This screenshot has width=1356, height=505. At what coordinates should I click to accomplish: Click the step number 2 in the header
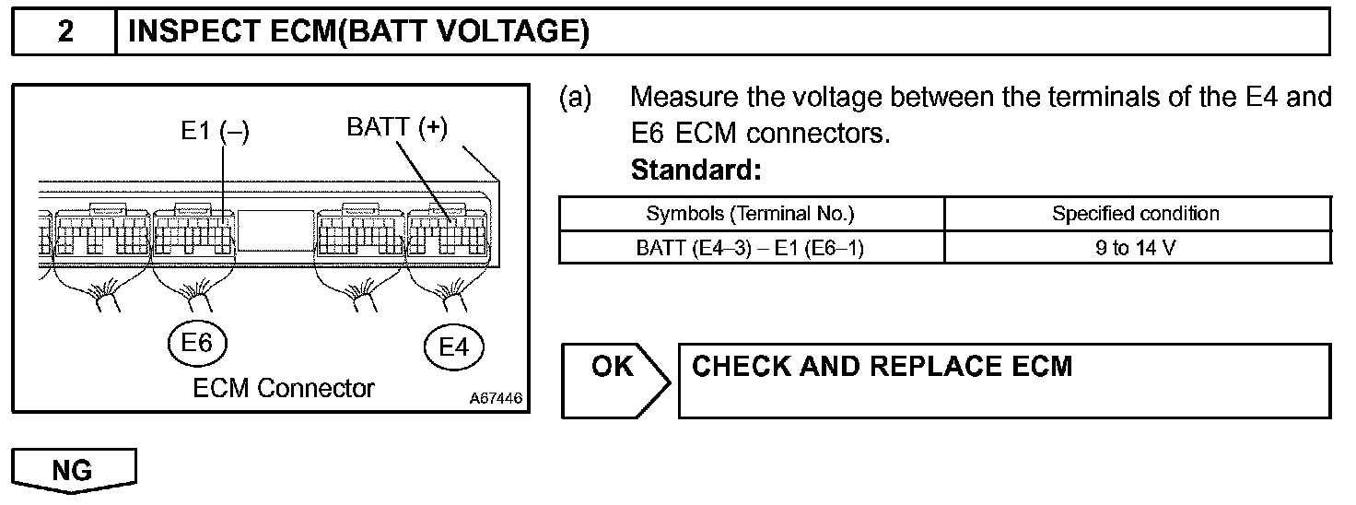tap(65, 32)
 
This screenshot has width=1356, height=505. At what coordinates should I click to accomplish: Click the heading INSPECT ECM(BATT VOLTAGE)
tap(358, 32)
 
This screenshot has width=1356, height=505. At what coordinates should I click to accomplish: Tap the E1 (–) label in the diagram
tap(215, 132)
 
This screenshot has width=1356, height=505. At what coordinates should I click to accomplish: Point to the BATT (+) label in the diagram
tap(397, 128)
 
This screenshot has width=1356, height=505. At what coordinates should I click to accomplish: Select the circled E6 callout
tap(197, 343)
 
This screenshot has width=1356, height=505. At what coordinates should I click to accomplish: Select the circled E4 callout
tap(454, 346)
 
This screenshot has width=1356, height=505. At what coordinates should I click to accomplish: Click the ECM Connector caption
tap(284, 388)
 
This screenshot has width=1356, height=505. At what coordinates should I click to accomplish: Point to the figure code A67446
tap(496, 399)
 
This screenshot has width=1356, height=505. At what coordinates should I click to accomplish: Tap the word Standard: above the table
tap(696, 170)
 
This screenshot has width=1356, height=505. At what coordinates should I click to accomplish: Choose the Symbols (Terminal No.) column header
tap(751, 214)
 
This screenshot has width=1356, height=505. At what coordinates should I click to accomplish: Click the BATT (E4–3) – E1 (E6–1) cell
tap(750, 247)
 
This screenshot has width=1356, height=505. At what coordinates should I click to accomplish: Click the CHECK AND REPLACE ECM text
tap(882, 367)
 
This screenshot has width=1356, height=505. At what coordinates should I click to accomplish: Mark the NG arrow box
tap(74, 471)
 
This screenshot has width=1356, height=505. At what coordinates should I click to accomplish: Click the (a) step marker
tap(575, 97)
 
